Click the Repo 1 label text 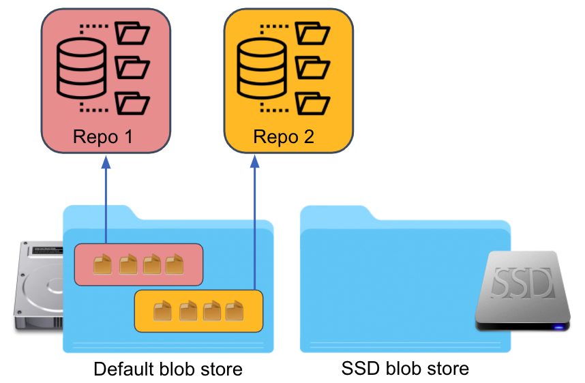pos(102,137)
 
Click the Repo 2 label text pos(284,137)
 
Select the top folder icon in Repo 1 pos(132,34)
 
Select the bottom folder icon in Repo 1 pos(132,102)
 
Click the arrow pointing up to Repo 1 pos(106,198)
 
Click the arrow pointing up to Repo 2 pos(254,218)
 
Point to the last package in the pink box pos(175,264)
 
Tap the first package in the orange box pos(162,311)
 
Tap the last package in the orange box pos(235,311)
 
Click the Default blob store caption pos(168,369)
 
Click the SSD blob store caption pos(405,369)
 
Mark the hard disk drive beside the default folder pos(37,286)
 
